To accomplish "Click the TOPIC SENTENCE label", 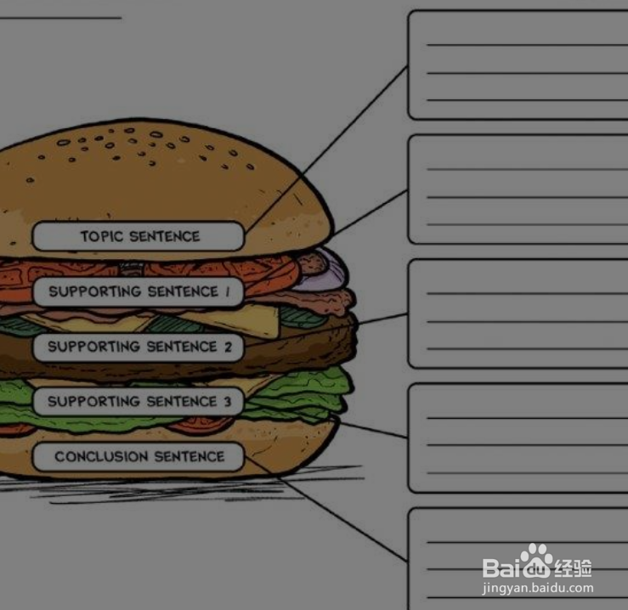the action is click(x=139, y=236).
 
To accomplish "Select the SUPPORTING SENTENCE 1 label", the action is click(x=139, y=291).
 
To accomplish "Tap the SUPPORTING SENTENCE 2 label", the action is click(x=139, y=347).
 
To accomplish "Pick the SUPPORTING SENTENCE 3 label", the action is click(x=139, y=401).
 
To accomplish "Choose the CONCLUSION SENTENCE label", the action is click(x=139, y=457).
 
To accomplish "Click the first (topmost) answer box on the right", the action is click(x=518, y=65).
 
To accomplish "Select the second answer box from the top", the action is click(x=518, y=189).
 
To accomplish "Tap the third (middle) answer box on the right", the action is click(x=518, y=313).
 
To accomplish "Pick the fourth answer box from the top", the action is click(x=518, y=438).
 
